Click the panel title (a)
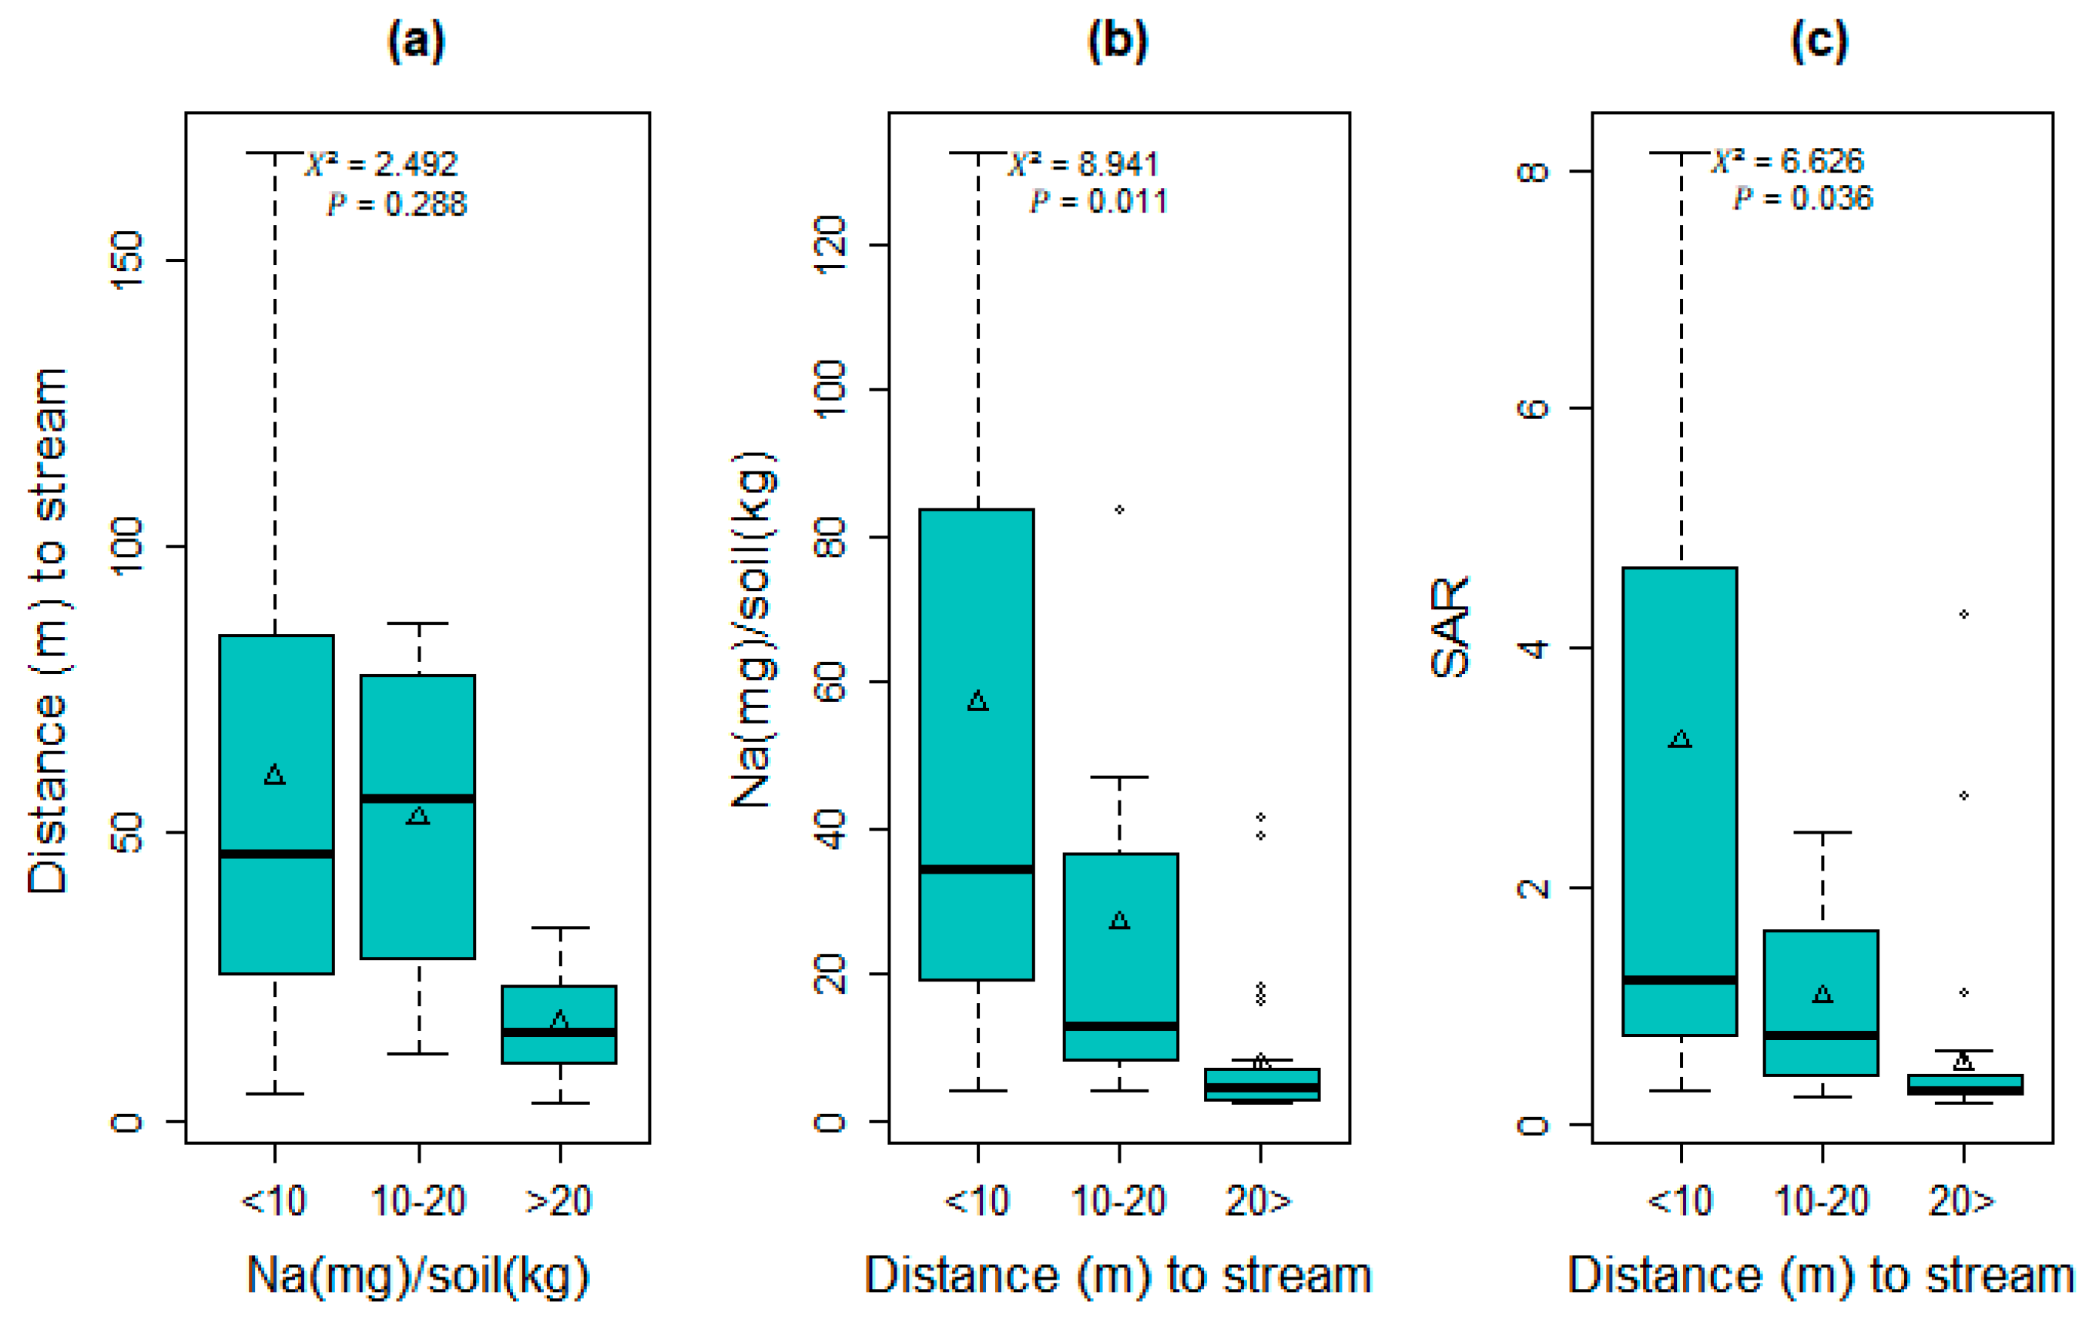(416, 40)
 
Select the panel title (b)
(1118, 40)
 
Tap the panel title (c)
(1819, 40)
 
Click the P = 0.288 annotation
(397, 204)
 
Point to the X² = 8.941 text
(1084, 164)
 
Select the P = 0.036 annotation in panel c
(1802, 199)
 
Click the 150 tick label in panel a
(126, 260)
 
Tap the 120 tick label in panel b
(829, 245)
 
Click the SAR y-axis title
(1450, 627)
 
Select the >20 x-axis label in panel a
(558, 1202)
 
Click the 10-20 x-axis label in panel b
(1118, 1202)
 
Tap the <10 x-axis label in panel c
(1680, 1202)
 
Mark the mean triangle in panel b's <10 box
(977, 702)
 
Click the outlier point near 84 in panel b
(1119, 509)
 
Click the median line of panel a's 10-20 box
(417, 798)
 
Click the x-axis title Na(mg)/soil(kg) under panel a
(417, 1276)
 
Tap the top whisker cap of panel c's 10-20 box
(1822, 833)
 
